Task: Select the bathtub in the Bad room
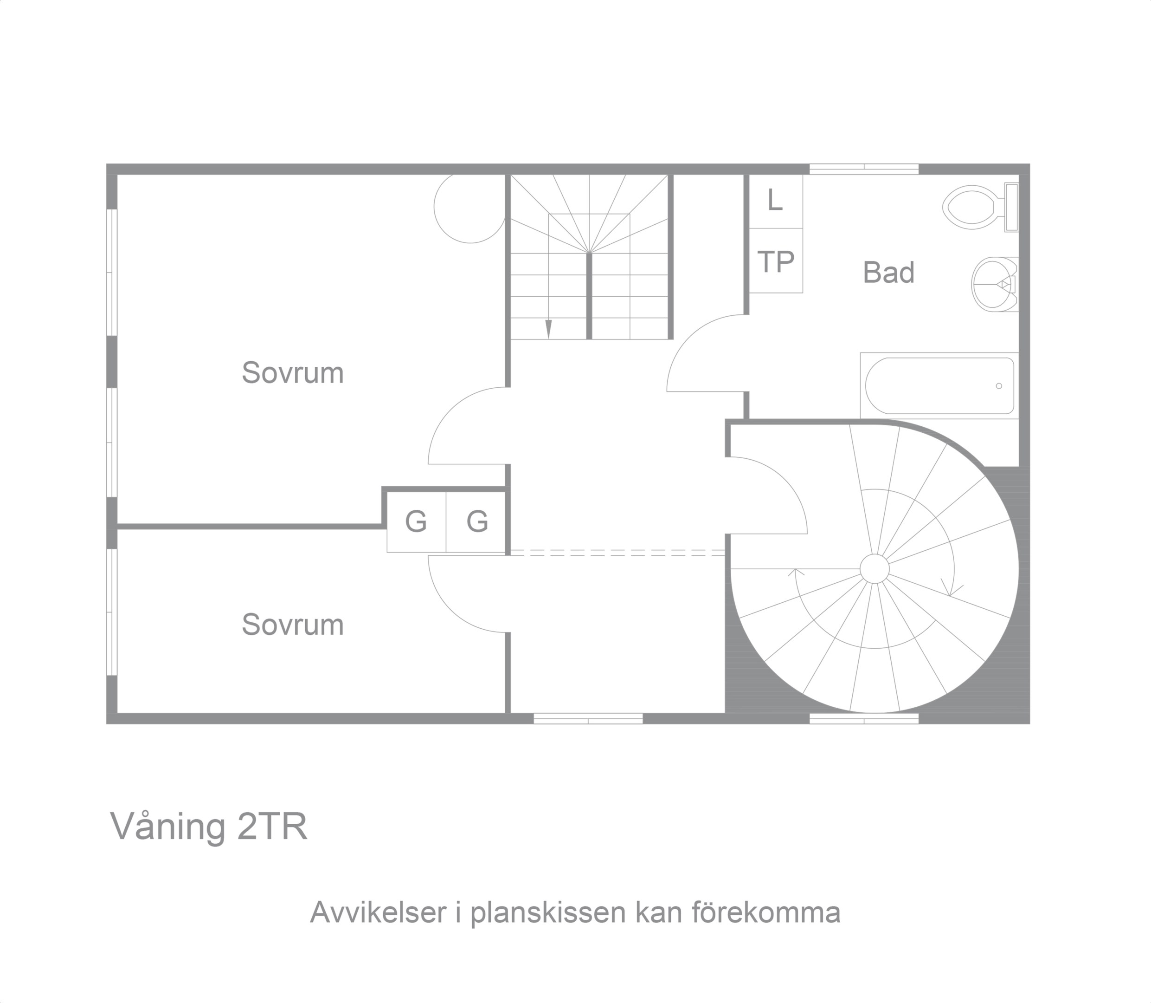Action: point(939,385)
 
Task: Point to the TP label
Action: point(776,261)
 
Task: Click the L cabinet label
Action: point(775,200)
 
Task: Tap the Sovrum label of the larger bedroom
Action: point(292,373)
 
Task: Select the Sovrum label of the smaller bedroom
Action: point(292,625)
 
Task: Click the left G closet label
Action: point(416,521)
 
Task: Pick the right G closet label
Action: point(477,521)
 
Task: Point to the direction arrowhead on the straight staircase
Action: point(549,329)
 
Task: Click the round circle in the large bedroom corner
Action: point(470,207)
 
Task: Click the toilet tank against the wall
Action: point(1011,207)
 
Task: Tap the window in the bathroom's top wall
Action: point(864,169)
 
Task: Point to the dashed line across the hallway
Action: point(617,553)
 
